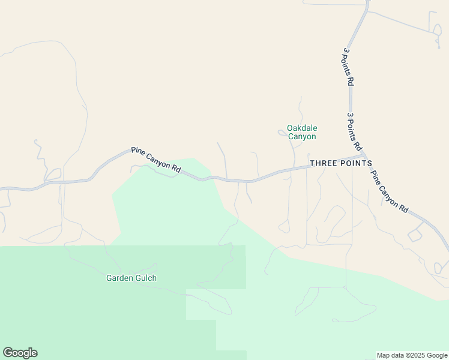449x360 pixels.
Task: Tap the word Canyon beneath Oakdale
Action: (x=301, y=137)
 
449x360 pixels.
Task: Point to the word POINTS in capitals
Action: (x=358, y=163)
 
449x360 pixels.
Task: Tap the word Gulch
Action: (x=146, y=278)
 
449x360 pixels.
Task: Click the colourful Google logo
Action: (x=20, y=353)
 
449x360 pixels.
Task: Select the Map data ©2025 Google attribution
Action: (x=412, y=355)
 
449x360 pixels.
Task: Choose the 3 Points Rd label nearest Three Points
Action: (x=355, y=131)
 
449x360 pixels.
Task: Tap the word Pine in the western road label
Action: (x=139, y=152)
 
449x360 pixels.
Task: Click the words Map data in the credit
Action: (x=390, y=355)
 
